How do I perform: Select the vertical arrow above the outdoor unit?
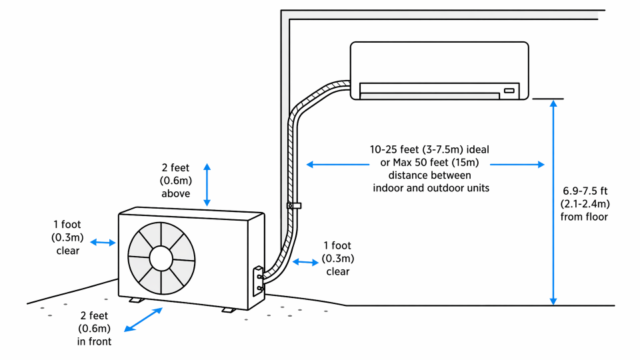[207, 184]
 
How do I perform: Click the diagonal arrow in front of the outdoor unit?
[143, 319]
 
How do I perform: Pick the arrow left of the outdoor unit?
[103, 243]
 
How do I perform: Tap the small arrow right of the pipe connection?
[306, 262]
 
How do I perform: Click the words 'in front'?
[93, 342]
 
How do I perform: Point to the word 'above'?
[176, 194]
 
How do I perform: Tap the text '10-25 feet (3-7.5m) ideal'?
[430, 150]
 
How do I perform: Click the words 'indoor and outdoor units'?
[431, 189]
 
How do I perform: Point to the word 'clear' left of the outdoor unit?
[67, 251]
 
